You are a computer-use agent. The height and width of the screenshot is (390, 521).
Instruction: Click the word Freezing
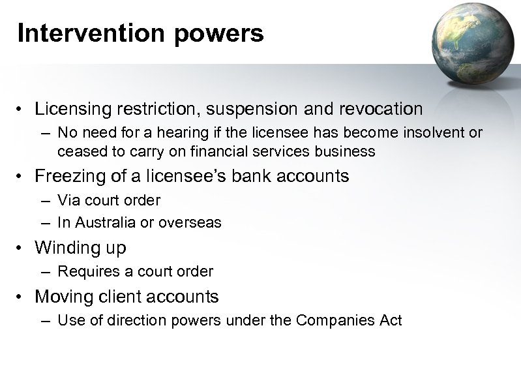(x=67, y=176)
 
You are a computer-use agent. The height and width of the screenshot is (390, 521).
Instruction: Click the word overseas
(x=193, y=222)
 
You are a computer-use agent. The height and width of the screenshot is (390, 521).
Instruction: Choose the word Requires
(x=84, y=271)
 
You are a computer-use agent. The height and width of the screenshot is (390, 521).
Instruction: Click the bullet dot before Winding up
(x=22, y=248)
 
